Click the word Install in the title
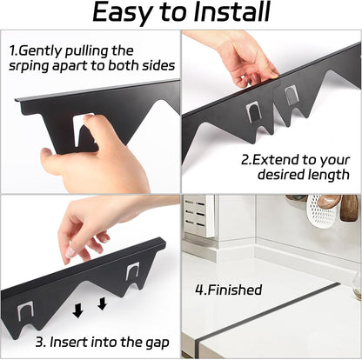point(232,12)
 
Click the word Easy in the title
point(123,13)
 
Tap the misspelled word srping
point(29,66)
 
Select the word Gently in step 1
point(40,51)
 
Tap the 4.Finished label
point(229,290)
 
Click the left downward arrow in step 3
point(77,311)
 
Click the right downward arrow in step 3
point(102,303)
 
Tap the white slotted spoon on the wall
point(321,211)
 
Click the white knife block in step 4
point(199,216)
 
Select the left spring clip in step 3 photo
point(25,310)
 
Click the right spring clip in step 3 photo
point(132,271)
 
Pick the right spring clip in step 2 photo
point(291,96)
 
